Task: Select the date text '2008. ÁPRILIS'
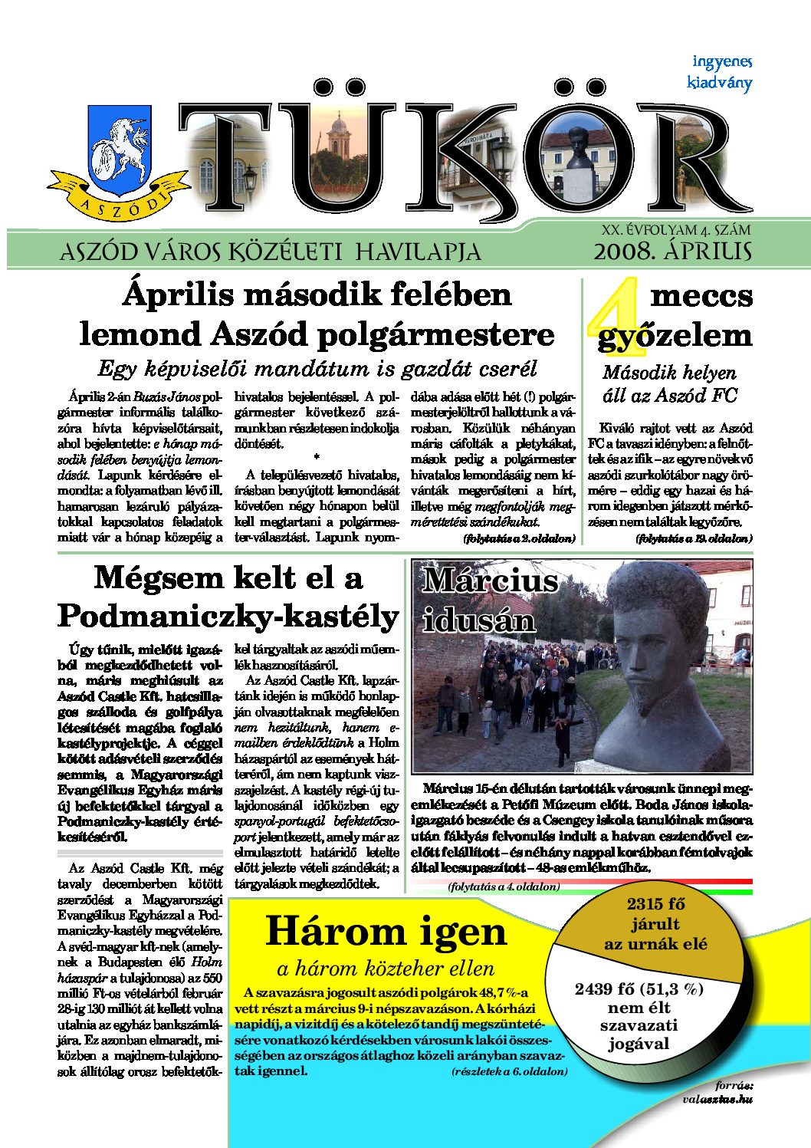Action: pos(672,252)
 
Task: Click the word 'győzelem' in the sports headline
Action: pos(675,336)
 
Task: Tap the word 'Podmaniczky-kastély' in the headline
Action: pos(228,616)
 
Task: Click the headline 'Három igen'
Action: pos(386,931)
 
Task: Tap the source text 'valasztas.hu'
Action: pos(717,1099)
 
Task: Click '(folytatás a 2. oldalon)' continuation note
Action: pos(519,539)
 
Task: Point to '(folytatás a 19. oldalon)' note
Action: pos(694,539)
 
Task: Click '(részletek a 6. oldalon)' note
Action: pos(510,1071)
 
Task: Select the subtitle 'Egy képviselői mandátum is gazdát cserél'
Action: pos(317,368)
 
